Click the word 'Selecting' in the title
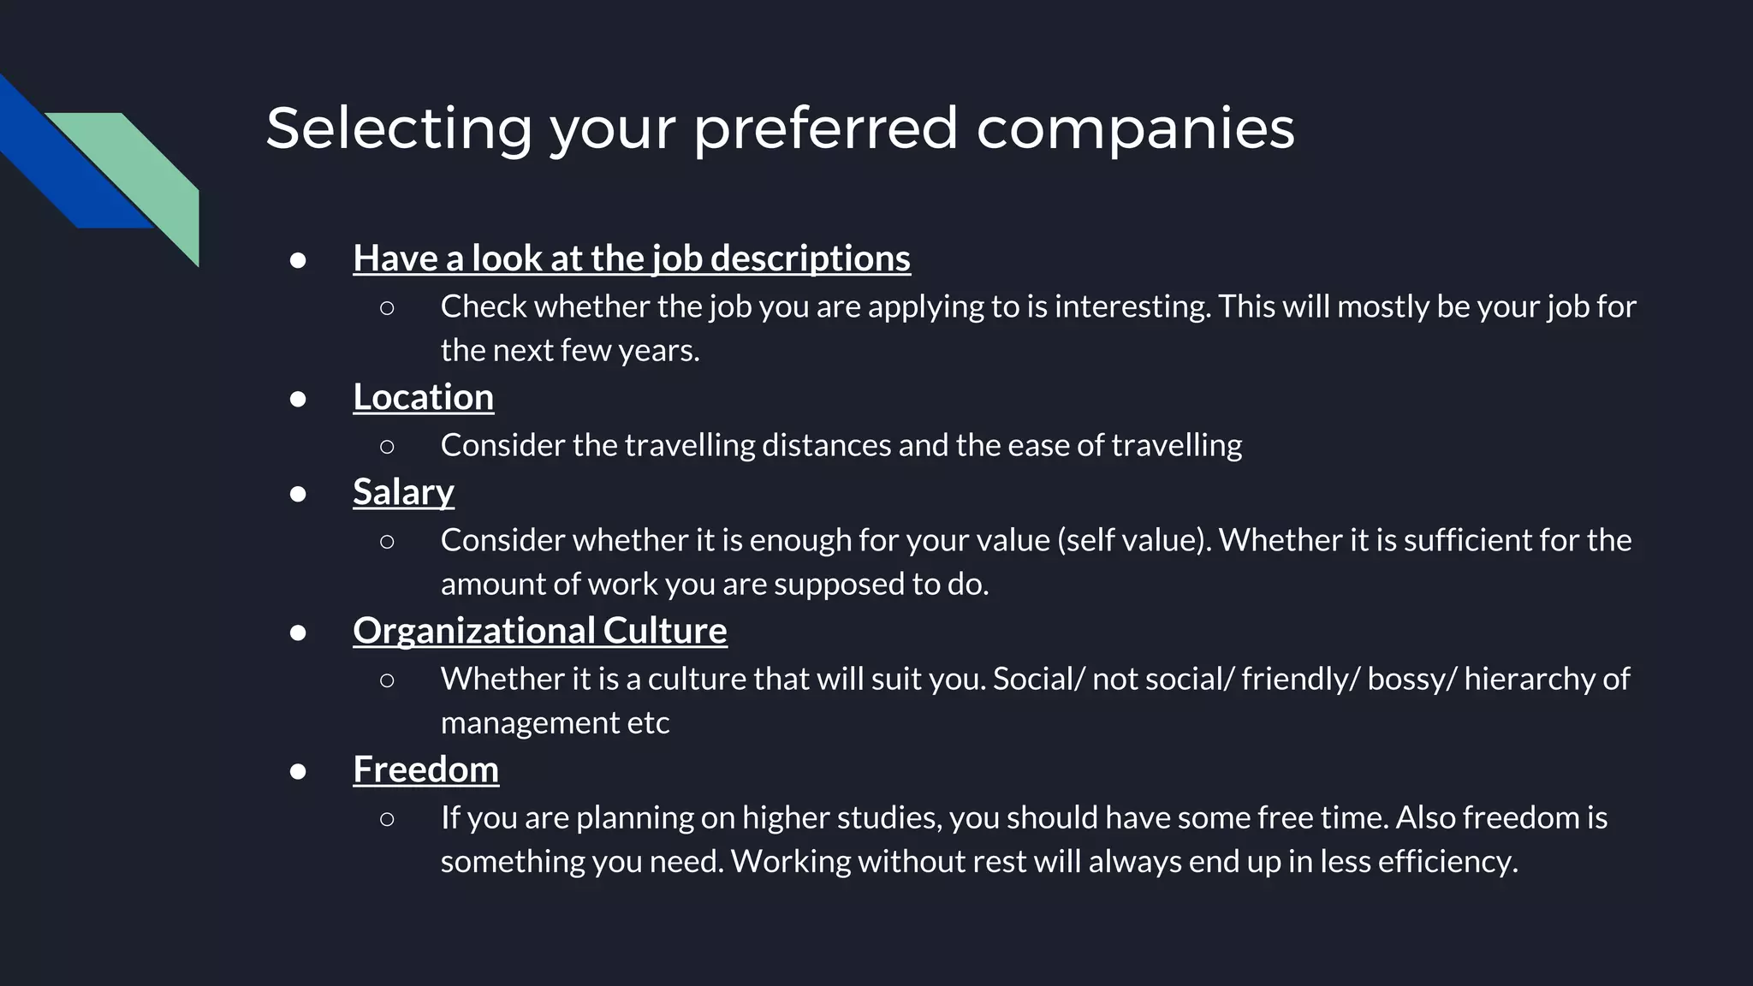click(399, 128)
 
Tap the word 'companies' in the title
click(1135, 128)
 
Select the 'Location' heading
click(423, 397)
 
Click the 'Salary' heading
click(403, 492)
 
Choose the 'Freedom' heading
click(425, 769)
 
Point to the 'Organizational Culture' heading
click(539, 631)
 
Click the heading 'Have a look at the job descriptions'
click(632, 258)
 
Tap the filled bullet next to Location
click(298, 399)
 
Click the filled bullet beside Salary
click(298, 494)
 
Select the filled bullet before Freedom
click(298, 771)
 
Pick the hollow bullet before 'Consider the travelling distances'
click(387, 447)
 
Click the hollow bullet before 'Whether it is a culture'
click(387, 680)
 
